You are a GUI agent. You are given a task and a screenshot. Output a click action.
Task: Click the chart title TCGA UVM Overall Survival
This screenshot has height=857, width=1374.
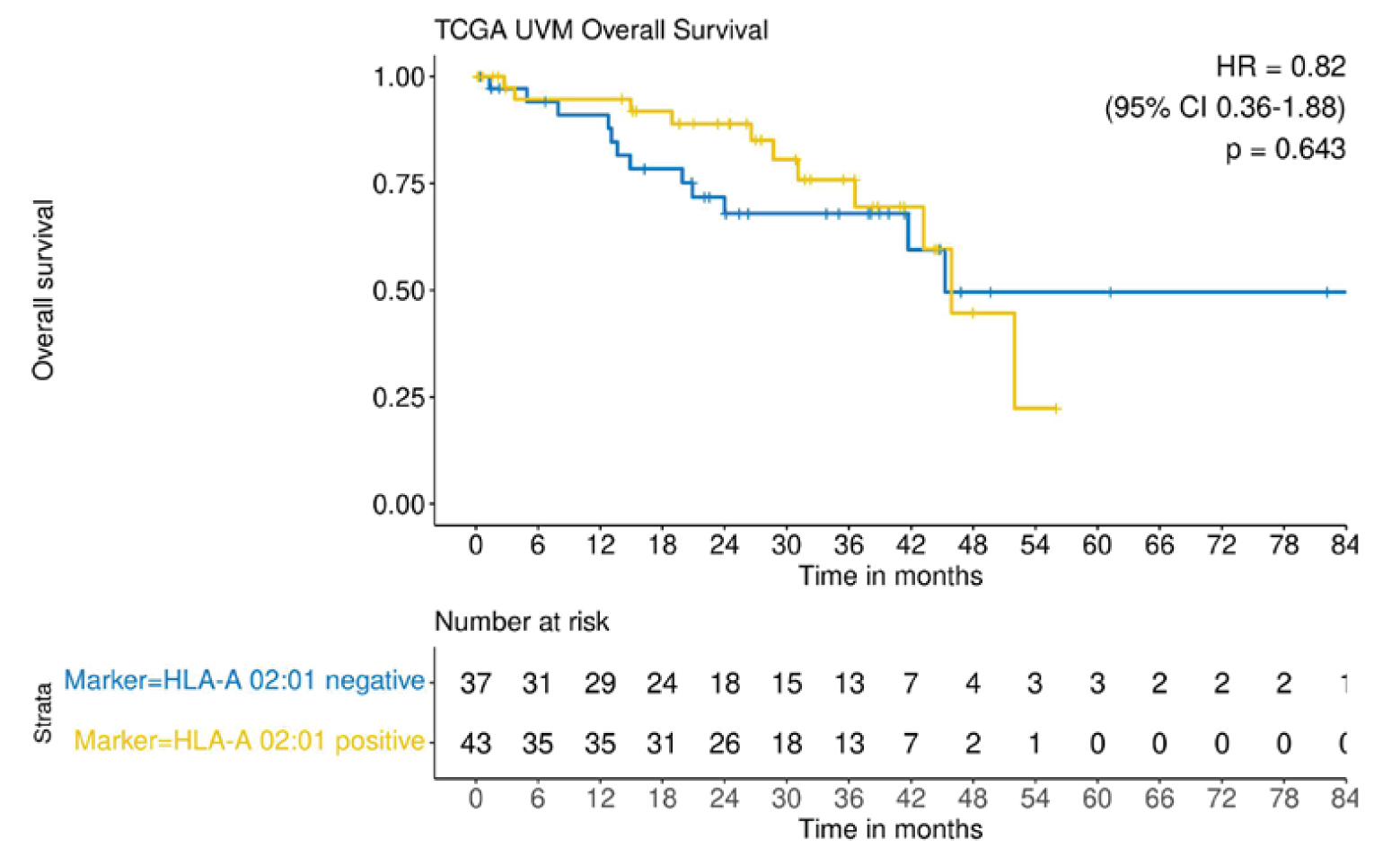[x=601, y=30]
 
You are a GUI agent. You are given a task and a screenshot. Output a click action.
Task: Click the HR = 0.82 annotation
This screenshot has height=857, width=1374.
[x=1280, y=66]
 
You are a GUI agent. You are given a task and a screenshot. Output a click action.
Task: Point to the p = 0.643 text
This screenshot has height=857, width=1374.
[x=1285, y=149]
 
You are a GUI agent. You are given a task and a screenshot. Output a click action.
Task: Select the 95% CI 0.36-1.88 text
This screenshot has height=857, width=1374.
[x=1225, y=108]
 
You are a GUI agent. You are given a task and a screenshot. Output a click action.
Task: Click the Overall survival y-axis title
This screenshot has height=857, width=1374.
[x=43, y=289]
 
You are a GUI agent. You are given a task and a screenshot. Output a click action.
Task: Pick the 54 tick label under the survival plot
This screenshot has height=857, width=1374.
[x=1035, y=545]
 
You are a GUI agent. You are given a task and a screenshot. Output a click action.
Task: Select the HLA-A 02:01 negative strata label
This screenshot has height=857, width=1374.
[x=244, y=681]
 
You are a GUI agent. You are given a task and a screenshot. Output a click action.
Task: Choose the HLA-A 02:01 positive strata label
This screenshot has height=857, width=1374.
[x=249, y=741]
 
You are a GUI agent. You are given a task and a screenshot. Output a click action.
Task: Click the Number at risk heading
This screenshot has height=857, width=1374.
[x=521, y=622]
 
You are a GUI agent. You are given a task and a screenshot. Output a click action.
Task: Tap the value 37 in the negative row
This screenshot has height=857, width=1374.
[x=475, y=684]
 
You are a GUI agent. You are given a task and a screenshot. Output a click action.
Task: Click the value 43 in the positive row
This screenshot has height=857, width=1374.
[x=475, y=744]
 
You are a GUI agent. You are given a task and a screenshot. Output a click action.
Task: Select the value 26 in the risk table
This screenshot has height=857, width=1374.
[x=724, y=744]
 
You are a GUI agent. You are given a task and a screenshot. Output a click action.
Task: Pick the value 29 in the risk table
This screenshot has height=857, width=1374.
[x=600, y=684]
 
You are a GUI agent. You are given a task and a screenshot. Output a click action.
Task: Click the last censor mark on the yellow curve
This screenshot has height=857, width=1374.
[x=1057, y=409]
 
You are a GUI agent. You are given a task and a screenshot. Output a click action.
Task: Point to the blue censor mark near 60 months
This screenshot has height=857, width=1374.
[x=1110, y=292]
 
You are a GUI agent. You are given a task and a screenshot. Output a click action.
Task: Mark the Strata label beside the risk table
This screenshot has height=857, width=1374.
[x=42, y=713]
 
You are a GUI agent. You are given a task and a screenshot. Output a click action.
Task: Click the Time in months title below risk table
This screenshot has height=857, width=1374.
[x=890, y=828]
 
